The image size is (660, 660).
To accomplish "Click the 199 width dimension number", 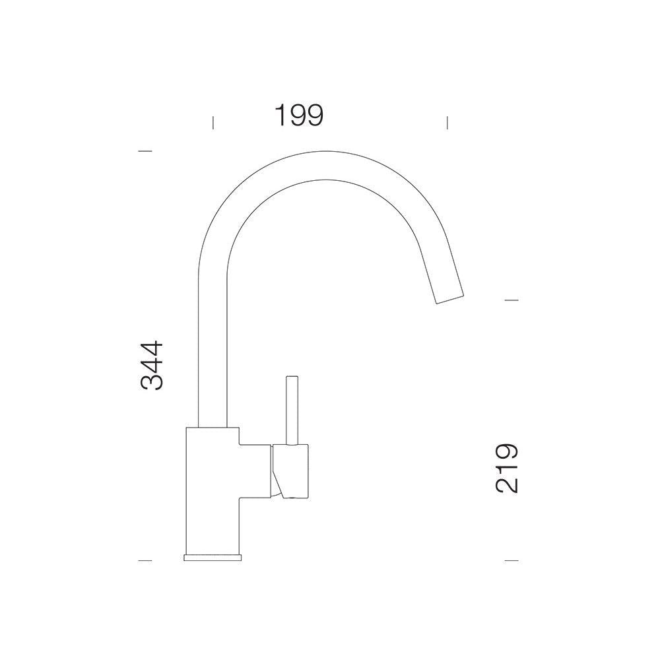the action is [299, 115].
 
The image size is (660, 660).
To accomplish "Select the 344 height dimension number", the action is [152, 365].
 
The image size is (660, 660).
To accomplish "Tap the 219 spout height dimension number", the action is [506, 468].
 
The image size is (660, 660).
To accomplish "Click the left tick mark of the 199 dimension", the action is [213, 123].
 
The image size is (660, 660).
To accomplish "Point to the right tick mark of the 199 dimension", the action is [447, 123].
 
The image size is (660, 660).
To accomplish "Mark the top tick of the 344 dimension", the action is [145, 150].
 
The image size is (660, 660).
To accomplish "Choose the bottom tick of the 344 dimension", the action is [145, 560].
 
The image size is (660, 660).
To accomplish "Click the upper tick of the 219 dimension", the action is [511, 300].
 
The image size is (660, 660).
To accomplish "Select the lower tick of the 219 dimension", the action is [511, 560].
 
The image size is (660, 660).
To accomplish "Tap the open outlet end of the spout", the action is [450, 299].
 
